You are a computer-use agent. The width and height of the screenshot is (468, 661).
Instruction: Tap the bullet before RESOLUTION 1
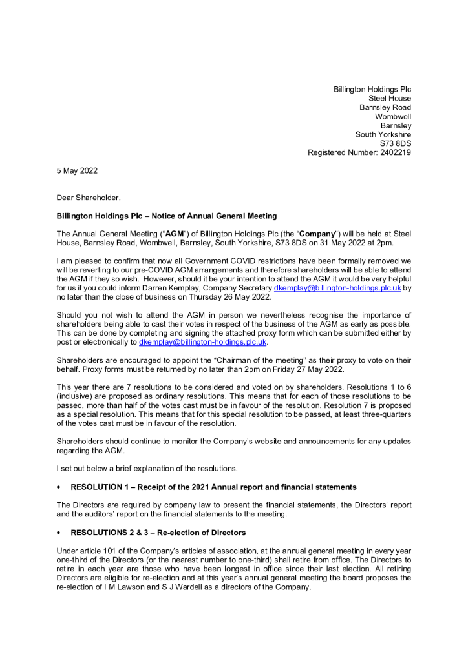[59, 487]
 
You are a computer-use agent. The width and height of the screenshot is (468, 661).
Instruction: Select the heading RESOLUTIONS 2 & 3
[113, 533]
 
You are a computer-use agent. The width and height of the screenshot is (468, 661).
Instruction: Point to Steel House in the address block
[390, 99]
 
